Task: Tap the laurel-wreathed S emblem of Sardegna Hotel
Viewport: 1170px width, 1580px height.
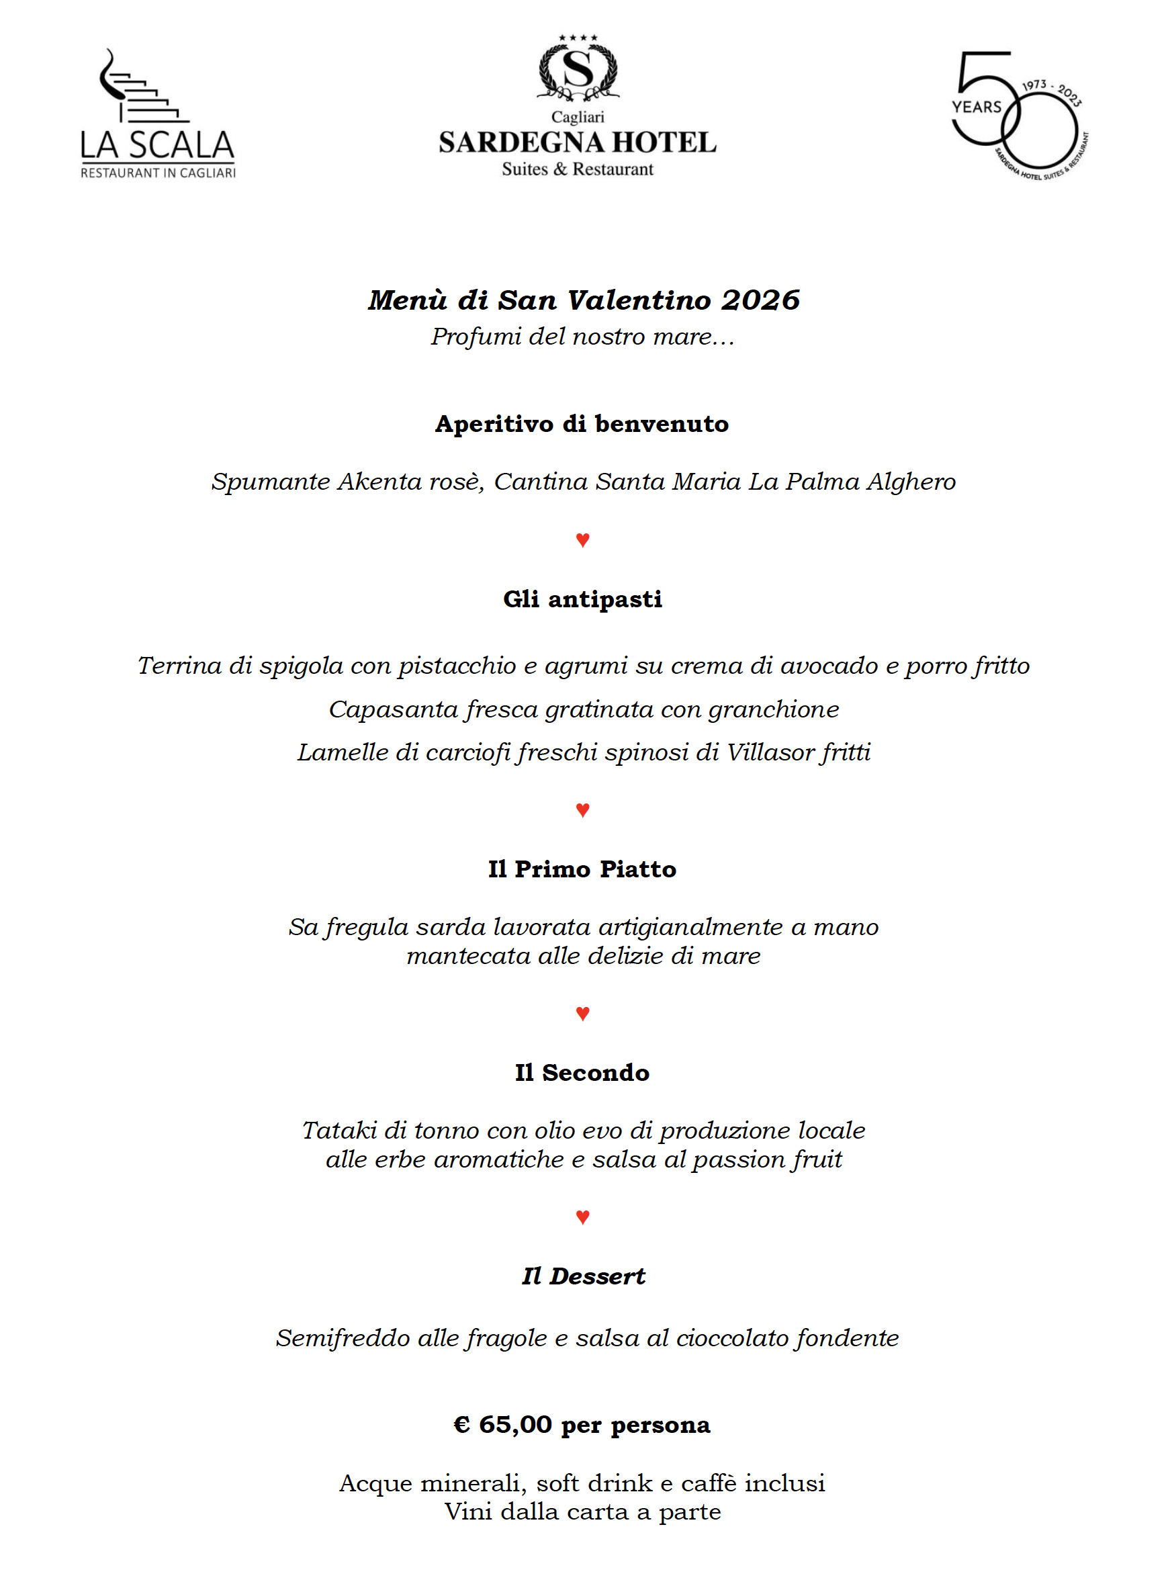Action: coord(578,70)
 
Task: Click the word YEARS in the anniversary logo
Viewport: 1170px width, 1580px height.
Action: coord(977,107)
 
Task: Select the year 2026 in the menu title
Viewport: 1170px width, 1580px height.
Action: coord(761,300)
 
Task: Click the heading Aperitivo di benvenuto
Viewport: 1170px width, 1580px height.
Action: coord(582,423)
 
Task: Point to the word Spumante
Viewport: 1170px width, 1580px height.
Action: coord(271,482)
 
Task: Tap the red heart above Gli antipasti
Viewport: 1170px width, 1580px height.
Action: coord(583,539)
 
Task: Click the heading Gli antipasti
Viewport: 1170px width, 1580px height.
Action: coord(582,599)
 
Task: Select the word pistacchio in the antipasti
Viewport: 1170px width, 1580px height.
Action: coord(456,666)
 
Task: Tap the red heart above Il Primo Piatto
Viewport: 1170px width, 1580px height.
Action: coord(583,809)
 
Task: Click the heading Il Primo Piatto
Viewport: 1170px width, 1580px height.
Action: coord(582,869)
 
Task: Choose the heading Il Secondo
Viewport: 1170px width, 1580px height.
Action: coord(582,1072)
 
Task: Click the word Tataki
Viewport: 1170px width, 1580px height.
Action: coord(339,1131)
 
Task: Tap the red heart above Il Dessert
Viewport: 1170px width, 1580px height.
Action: coord(583,1217)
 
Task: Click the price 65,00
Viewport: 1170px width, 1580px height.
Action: coord(515,1424)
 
